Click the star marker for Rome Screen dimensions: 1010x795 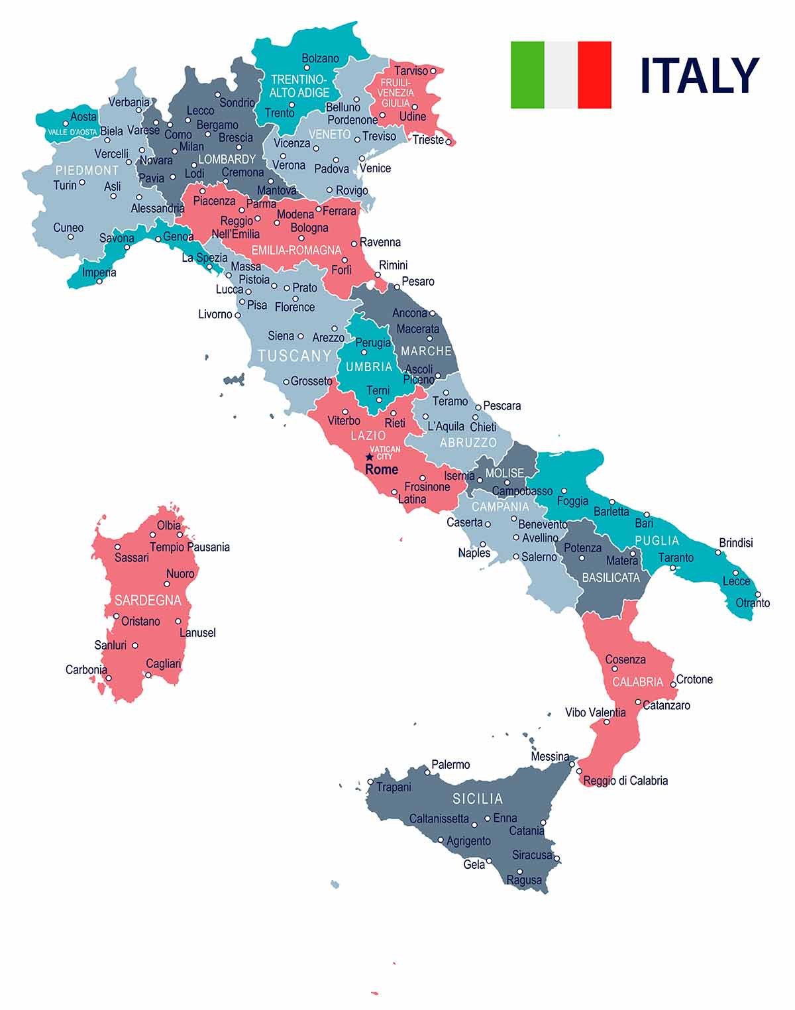point(370,457)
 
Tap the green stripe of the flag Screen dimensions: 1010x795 point(527,74)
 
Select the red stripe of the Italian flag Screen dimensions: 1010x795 point(594,74)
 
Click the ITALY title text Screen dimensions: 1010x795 point(699,76)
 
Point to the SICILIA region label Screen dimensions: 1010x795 point(478,799)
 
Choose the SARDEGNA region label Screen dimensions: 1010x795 point(148,600)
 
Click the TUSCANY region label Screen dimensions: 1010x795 point(295,356)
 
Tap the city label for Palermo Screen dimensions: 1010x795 point(450,765)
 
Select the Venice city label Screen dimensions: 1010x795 point(375,168)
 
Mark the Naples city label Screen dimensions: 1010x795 point(474,553)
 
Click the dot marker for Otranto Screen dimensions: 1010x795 point(758,594)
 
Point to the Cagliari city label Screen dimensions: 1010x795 point(163,663)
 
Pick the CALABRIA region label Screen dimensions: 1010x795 point(637,682)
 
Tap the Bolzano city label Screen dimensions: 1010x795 point(320,58)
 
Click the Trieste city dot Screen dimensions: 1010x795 point(449,141)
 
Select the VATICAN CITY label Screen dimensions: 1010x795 point(385,453)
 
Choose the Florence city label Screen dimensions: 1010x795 point(295,307)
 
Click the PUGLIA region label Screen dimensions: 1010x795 point(657,540)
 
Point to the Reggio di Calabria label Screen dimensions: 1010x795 point(625,781)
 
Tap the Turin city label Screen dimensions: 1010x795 point(65,185)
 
